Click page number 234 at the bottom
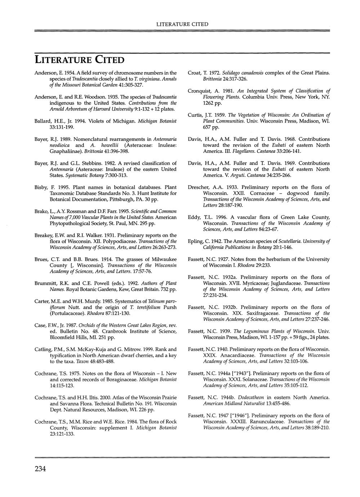[x=40, y=469]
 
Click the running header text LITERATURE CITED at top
[x=182, y=24]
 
